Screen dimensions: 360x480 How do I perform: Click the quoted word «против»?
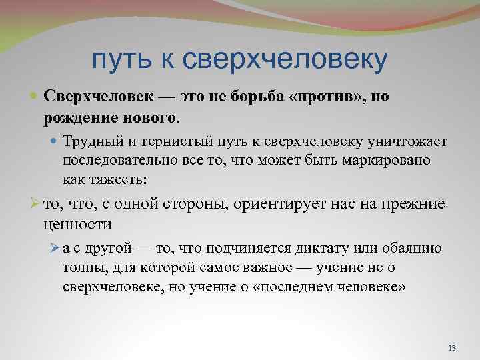326,97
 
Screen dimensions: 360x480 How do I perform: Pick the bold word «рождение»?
75,117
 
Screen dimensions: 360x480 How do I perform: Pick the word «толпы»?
81,268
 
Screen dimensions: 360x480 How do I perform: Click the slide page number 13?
453,349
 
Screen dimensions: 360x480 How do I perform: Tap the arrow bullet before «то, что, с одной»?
36,204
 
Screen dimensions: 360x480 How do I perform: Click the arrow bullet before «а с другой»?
55,249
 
